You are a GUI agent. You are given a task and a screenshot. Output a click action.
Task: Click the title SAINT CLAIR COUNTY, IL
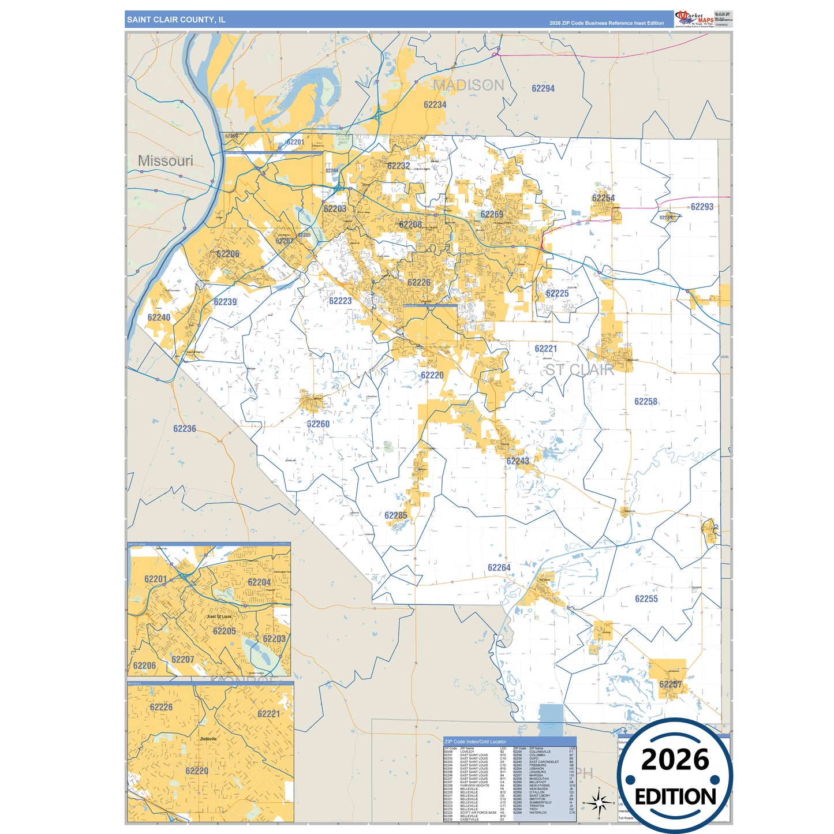click(x=176, y=20)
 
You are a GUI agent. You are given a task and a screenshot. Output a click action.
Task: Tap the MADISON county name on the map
click(x=468, y=85)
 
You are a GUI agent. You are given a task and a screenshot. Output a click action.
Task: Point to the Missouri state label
click(x=166, y=161)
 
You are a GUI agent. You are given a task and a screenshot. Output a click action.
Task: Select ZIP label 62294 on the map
click(x=543, y=88)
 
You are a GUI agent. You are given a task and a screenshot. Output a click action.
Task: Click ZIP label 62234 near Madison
click(x=435, y=104)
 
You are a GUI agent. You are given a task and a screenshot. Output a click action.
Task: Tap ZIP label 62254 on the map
click(x=603, y=198)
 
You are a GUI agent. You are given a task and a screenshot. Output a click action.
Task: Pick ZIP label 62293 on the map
click(x=702, y=207)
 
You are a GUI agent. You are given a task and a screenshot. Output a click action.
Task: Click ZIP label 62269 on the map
click(x=492, y=214)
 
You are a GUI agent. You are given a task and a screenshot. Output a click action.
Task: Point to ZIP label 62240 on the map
click(x=159, y=317)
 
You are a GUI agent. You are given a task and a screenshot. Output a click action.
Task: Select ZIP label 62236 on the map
click(x=185, y=429)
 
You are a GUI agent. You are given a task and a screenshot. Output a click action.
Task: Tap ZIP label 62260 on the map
click(x=318, y=424)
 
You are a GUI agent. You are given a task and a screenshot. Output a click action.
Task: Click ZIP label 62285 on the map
click(x=396, y=515)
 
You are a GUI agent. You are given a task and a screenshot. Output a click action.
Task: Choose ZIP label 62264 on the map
click(x=499, y=567)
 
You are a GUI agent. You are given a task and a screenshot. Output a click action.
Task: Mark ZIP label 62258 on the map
click(x=646, y=402)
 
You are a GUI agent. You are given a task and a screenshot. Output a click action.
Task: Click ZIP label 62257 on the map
click(x=671, y=684)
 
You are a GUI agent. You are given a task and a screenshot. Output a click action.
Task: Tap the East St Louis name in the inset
click(x=219, y=616)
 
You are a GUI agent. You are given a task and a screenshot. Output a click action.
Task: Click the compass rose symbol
click(x=599, y=802)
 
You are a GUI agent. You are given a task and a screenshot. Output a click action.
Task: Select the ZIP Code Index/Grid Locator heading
click(x=475, y=742)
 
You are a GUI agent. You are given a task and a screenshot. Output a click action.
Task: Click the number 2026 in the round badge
click(x=675, y=760)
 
